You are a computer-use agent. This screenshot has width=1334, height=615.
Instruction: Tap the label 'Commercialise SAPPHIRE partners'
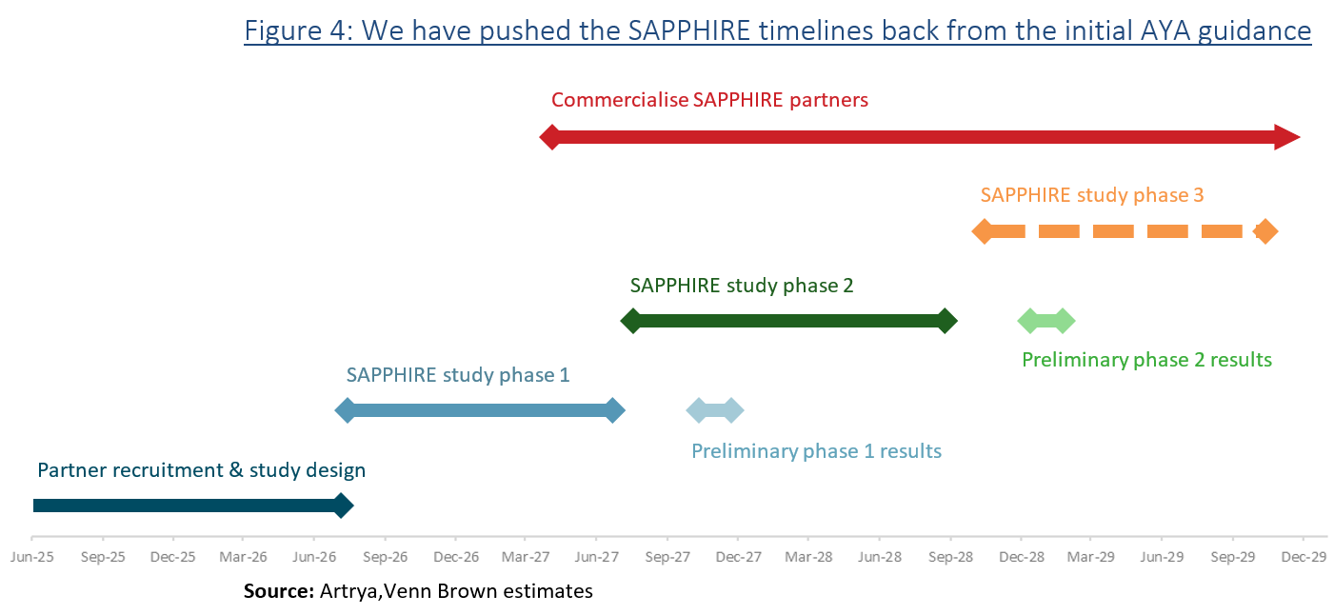709,100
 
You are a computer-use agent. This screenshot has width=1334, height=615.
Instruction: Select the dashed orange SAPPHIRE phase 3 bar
1124,231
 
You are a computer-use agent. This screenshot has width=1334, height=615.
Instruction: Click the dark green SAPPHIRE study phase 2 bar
788,321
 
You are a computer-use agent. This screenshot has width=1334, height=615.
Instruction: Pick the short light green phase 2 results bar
1046,321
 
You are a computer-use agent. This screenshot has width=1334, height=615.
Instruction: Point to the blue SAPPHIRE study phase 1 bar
481,411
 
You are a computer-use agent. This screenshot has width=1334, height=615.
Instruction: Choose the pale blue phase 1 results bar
715,411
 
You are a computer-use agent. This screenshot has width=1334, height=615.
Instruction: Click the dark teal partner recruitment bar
186,506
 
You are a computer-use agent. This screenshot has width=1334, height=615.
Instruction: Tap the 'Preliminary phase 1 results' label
816,451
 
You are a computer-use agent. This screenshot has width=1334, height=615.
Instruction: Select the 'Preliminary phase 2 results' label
1146,360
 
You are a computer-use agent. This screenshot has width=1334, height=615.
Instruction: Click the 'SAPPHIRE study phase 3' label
1092,195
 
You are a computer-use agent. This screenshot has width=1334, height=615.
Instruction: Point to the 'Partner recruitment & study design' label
201,470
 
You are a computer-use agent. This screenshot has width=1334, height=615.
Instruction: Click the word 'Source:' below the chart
278,591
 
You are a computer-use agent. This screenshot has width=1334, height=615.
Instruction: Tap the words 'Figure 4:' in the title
298,30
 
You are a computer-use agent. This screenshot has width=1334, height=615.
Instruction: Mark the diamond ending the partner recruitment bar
342,506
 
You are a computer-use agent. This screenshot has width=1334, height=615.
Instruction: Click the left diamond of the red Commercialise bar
550,137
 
